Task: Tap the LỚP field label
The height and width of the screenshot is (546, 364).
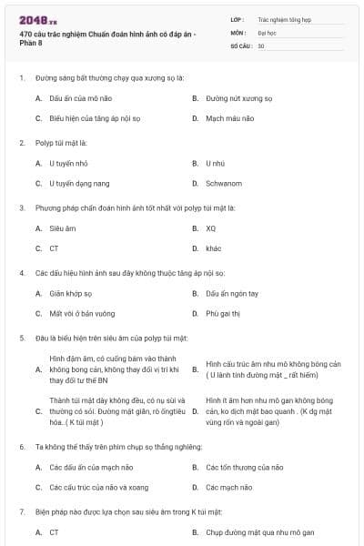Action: tap(237, 18)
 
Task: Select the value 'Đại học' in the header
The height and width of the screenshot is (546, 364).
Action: tap(266, 32)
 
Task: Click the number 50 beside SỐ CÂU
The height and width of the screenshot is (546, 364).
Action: tap(260, 45)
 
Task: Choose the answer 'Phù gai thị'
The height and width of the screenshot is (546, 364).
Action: tap(221, 314)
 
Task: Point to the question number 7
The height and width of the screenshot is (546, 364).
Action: tap(21, 511)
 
